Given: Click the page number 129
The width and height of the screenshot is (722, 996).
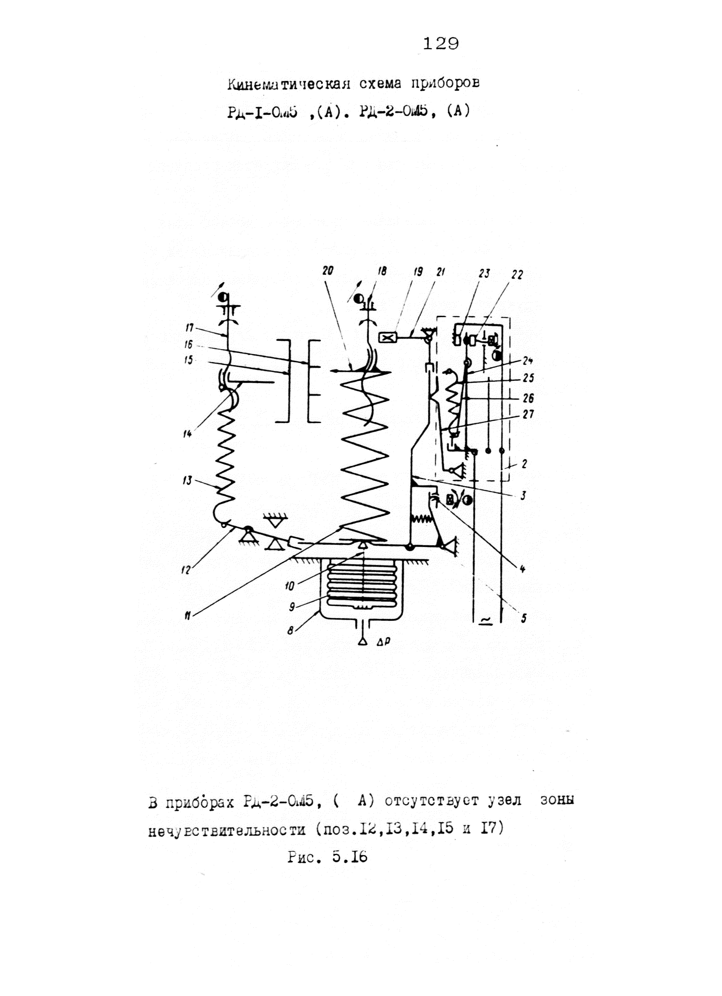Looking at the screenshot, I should pos(441,44).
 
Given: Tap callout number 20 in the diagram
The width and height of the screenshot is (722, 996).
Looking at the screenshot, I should pos(328,271).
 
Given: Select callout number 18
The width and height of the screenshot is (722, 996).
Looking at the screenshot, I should pos(382,272).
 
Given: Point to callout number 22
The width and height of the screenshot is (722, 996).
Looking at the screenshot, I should pos(517,275).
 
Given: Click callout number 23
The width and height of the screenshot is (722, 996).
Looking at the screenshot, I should pos(484,274).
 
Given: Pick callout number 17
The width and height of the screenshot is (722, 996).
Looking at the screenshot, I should pos(190,328).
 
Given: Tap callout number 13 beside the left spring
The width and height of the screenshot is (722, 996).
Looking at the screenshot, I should pos(188,481).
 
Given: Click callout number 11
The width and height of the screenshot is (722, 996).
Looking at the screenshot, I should pos(188,616).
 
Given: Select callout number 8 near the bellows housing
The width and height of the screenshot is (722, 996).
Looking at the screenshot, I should pos(290,632).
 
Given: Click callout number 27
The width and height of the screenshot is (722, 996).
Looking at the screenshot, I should pos(528,414).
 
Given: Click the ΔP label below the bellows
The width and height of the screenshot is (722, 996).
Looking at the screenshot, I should pos(384,642).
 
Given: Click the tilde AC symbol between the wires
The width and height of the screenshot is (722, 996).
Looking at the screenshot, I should pos(486,619).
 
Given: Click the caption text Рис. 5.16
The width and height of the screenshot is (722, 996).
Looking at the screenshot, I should pos(327,857).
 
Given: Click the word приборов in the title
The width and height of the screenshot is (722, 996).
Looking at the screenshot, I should pos(445,83).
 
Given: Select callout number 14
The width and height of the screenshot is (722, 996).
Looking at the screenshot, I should pos(188,434).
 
